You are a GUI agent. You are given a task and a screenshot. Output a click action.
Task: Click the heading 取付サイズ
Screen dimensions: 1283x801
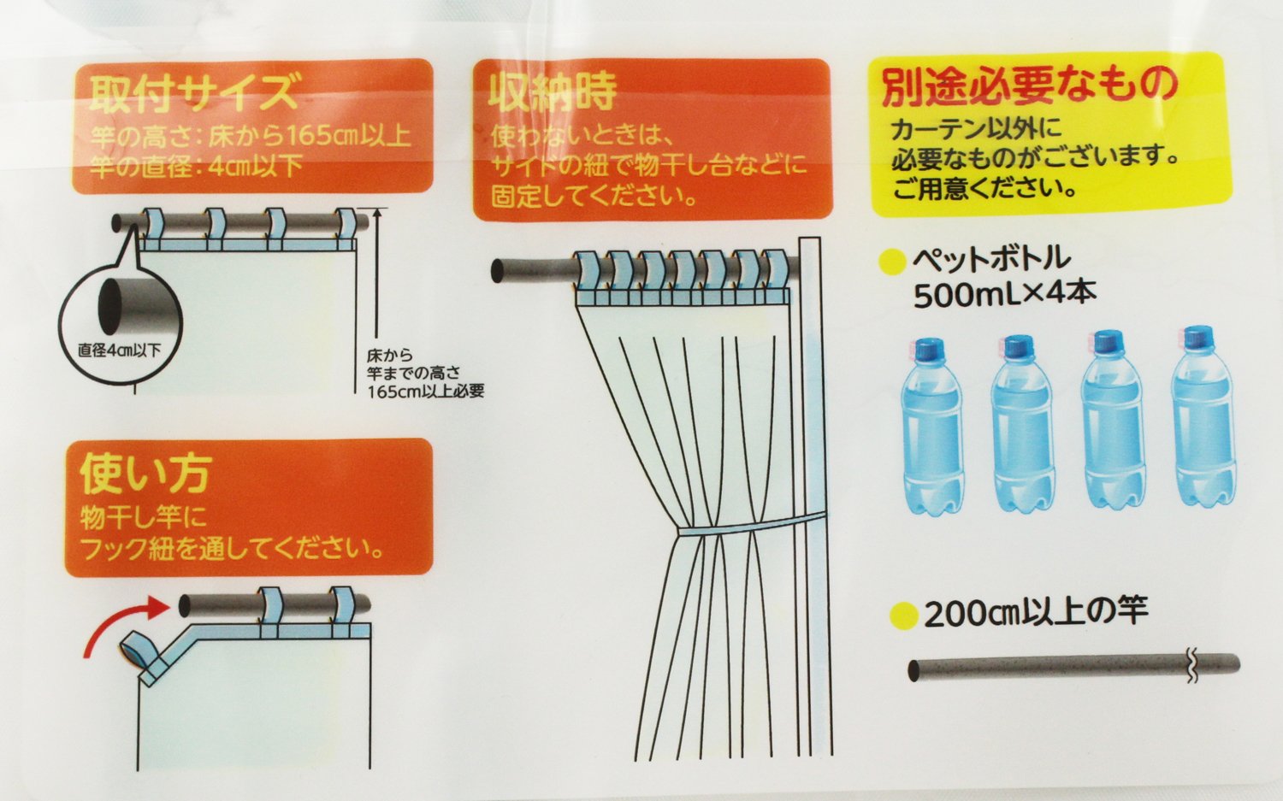click(193, 93)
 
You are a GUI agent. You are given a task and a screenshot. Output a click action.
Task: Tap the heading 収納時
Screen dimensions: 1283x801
click(553, 92)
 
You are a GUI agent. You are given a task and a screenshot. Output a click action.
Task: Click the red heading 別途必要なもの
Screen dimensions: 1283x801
click(1030, 90)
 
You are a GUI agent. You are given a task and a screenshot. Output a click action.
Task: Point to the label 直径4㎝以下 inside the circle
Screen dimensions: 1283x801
click(119, 350)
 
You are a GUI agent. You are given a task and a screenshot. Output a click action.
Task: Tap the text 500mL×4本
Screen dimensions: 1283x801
click(1004, 295)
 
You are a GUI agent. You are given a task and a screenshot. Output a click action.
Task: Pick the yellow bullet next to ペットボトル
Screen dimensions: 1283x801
click(893, 262)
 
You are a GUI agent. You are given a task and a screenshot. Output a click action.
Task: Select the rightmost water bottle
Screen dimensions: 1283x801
click(1201, 417)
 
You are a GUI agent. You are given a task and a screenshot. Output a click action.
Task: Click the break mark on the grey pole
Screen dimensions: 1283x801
click(1191, 667)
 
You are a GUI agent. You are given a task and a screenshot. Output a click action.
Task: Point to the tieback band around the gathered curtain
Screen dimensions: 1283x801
click(752, 525)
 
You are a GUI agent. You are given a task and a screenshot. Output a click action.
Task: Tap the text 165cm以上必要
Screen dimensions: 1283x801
click(426, 391)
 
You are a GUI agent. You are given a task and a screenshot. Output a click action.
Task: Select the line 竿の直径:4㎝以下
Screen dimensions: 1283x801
click(196, 167)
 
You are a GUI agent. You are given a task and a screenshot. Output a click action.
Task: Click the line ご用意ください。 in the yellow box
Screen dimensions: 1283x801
click(984, 188)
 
